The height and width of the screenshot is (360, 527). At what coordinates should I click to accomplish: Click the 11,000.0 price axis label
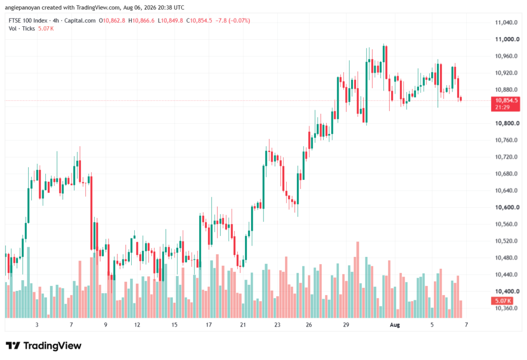pyautogui.click(x=507, y=39)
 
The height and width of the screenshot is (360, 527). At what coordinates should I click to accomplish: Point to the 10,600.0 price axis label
pyautogui.click(x=507, y=207)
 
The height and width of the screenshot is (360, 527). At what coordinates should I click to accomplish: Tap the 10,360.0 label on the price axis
pyautogui.click(x=506, y=308)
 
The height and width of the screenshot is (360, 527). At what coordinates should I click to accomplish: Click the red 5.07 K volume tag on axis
pyautogui.click(x=502, y=300)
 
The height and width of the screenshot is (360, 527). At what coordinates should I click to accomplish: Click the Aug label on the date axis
pyautogui.click(x=395, y=324)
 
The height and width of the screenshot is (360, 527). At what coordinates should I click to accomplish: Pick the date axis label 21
pyautogui.click(x=243, y=324)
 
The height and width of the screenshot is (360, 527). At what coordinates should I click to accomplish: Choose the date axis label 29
pyautogui.click(x=346, y=324)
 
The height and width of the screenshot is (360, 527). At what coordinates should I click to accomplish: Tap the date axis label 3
pyautogui.click(x=37, y=324)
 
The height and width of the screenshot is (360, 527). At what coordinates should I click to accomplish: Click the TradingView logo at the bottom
pyautogui.click(x=44, y=346)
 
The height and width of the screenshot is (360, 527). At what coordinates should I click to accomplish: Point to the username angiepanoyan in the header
pyautogui.click(x=22, y=7)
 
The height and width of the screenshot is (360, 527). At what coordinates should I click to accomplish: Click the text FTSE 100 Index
pyautogui.click(x=29, y=21)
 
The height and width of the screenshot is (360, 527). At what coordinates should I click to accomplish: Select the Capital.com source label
pyautogui.click(x=80, y=21)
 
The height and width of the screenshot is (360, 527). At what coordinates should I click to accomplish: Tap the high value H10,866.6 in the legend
pyautogui.click(x=142, y=21)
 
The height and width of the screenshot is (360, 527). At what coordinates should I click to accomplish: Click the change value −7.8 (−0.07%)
pyautogui.click(x=232, y=21)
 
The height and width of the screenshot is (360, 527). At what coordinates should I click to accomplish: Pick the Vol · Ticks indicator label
pyautogui.click(x=22, y=29)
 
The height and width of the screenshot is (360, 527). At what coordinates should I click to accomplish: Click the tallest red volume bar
pyautogui.click(x=358, y=280)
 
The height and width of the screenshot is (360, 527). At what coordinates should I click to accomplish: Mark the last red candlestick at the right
pyautogui.click(x=461, y=99)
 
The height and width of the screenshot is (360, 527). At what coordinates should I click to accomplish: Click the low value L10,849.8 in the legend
pyautogui.click(x=170, y=21)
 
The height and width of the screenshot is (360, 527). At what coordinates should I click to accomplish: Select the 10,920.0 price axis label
pyautogui.click(x=506, y=73)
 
